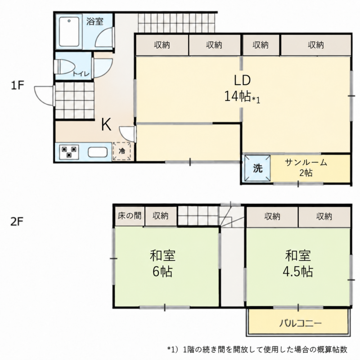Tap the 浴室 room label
pyautogui.click(x=95, y=22)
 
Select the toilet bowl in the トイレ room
pyautogui.click(x=64, y=67)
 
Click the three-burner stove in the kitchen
pyautogui.click(x=69, y=152)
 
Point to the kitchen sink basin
pyautogui.click(x=98, y=152)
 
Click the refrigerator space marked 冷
pyautogui.click(x=122, y=151)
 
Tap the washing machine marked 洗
pyautogui.click(x=257, y=168)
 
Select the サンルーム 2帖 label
pyautogui.click(x=306, y=167)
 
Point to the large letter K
pyautogui.click(x=106, y=124)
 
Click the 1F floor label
pyautogui.click(x=18, y=85)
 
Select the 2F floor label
pyautogui.click(x=17, y=222)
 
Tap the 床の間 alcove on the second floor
pyautogui.click(x=130, y=216)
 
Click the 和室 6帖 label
pyautogui.click(x=162, y=263)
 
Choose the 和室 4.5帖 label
pyautogui.click(x=298, y=263)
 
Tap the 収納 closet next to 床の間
pyautogui.click(x=161, y=216)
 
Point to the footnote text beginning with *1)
pyautogui.click(x=257, y=350)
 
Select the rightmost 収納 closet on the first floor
pyautogui.click(x=316, y=45)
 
